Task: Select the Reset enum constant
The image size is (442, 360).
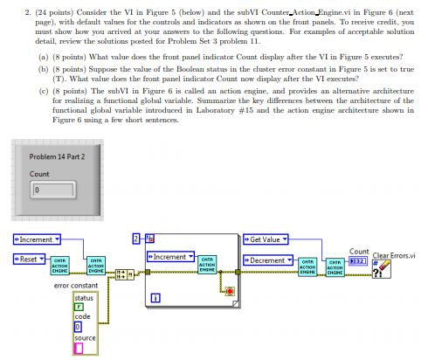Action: coord(29,259)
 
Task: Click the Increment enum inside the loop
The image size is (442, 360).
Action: coord(170,257)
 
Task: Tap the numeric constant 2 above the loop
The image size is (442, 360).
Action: coord(135,238)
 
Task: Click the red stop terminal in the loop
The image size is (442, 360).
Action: coord(230,291)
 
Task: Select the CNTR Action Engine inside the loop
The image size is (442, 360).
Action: coord(209,265)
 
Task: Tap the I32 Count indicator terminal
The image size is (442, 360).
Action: coord(356,260)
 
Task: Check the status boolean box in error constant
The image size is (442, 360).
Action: coord(79,307)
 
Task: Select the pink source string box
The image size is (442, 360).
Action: coord(79,348)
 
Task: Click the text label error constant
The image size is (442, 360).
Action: coord(76,286)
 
